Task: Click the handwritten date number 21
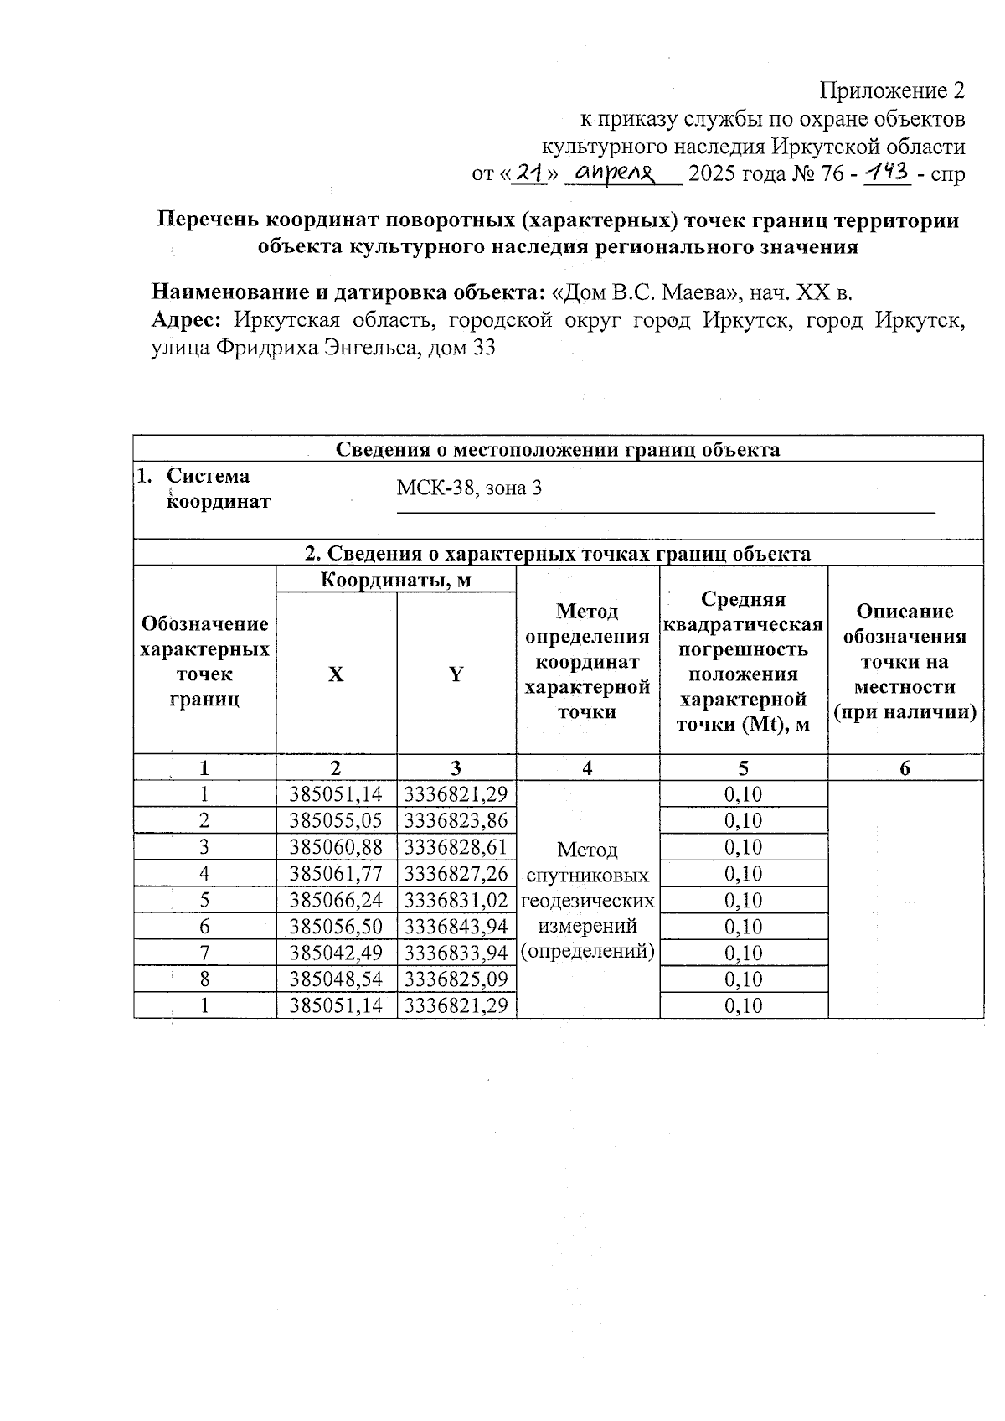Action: tap(527, 173)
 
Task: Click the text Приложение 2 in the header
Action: tap(892, 90)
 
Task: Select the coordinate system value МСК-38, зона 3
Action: tap(469, 487)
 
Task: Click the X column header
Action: tap(336, 674)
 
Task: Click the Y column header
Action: tap(456, 674)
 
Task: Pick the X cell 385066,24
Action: tap(336, 900)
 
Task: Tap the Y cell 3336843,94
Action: tap(456, 927)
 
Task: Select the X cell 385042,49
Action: tap(336, 953)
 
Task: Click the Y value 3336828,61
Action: tap(456, 847)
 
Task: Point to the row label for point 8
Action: tap(204, 979)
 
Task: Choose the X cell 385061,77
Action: tap(336, 874)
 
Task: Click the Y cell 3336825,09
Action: tap(456, 979)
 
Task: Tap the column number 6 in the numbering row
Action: tap(904, 768)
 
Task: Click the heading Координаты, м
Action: tap(395, 580)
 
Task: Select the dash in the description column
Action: tap(904, 900)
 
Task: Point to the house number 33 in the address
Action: tap(484, 348)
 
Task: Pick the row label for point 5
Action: tap(204, 900)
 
